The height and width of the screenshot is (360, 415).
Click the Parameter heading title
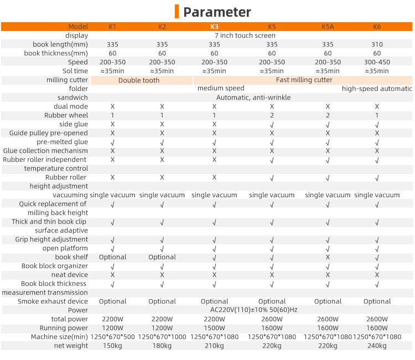[217, 12]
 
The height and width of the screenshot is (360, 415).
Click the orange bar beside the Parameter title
[177, 12]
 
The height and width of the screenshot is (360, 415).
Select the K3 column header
[214, 27]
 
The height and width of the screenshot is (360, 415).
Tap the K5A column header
[328, 27]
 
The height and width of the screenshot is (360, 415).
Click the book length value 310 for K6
[377, 44]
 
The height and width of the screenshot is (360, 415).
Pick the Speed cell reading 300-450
[377, 62]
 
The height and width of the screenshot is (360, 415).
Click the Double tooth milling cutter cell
[139, 80]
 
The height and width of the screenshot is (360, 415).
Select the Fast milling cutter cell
[304, 80]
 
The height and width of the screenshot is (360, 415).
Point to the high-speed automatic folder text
[377, 89]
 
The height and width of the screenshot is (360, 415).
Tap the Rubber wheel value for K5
[272, 115]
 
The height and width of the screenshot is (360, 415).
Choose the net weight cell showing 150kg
[112, 346]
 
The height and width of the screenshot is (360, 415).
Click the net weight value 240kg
[377, 346]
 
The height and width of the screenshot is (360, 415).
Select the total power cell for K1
[112, 319]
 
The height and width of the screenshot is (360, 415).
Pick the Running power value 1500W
[214, 328]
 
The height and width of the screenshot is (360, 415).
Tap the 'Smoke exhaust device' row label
[53, 301]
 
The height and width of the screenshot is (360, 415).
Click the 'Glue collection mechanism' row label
[45, 151]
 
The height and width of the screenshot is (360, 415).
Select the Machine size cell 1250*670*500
[112, 337]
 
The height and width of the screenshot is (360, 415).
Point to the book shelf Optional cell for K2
[162, 257]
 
